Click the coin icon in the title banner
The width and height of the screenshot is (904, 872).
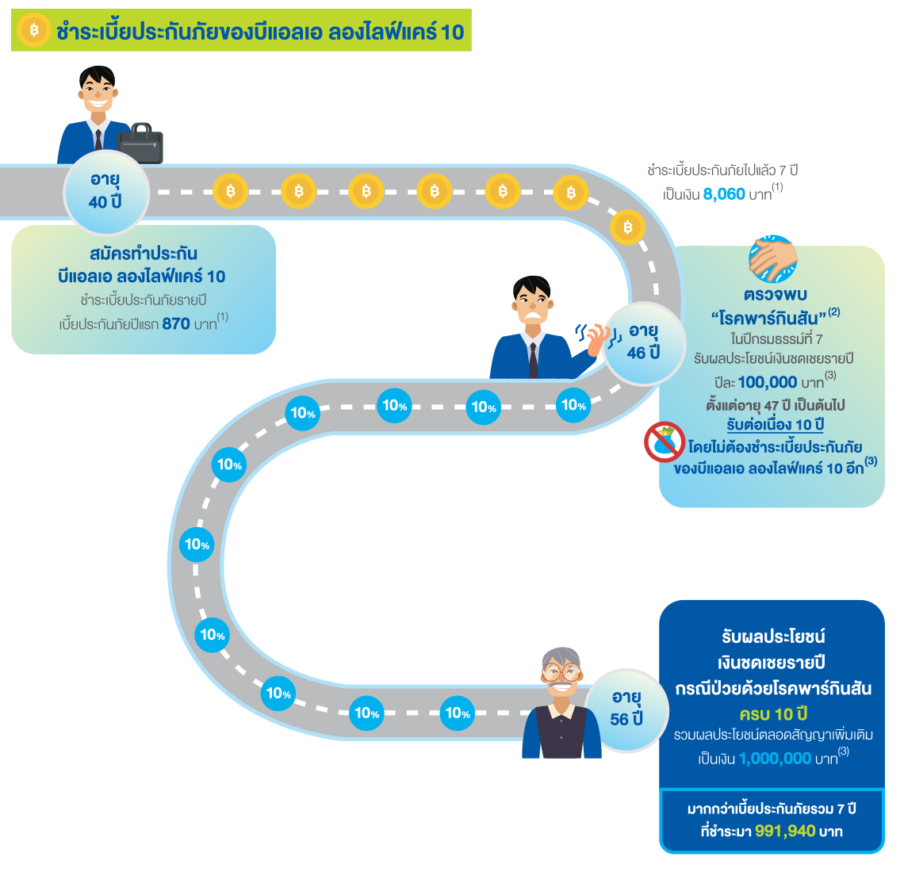tap(33, 31)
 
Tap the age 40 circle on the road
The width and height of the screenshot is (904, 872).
tap(105, 191)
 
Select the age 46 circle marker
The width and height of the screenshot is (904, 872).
tap(643, 342)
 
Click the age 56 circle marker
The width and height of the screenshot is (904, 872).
tap(626, 708)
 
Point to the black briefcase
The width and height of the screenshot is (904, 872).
tap(140, 143)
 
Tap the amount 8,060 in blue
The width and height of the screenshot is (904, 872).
tap(724, 193)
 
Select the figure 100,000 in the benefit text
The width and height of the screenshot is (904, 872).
tap(767, 382)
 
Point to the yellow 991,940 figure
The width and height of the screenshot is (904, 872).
tap(784, 831)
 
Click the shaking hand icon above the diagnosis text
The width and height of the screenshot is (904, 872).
tap(772, 258)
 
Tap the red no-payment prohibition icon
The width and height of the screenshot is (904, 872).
tap(665, 442)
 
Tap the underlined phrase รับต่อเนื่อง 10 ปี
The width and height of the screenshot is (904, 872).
tap(775, 425)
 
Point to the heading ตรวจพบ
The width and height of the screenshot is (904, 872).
tap(775, 295)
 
